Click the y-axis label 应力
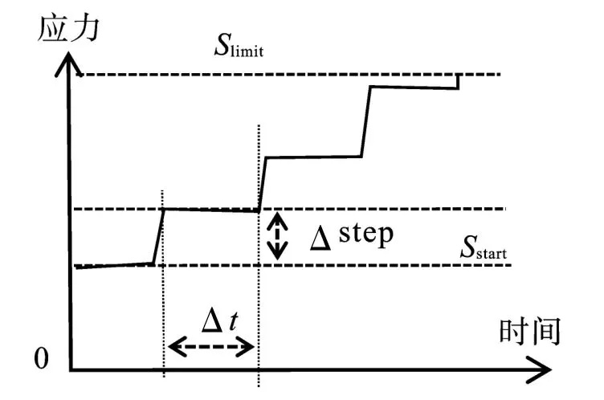[68, 30]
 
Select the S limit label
[239, 47]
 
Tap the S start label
[483, 251]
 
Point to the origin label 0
[41, 358]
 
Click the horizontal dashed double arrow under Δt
[210, 348]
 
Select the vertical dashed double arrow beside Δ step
[276, 235]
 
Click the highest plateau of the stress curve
[414, 86]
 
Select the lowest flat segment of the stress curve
[112, 265]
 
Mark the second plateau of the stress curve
[210, 210]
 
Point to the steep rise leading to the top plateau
[365, 120]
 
